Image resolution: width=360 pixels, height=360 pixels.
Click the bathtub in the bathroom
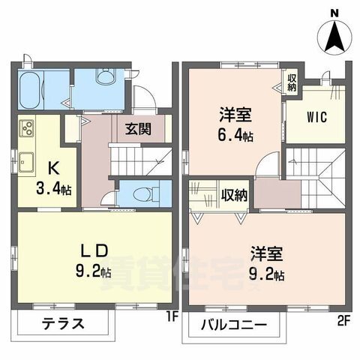pyautogui.click(x=33, y=91)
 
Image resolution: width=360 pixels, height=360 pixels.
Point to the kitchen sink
pyautogui.click(x=27, y=159)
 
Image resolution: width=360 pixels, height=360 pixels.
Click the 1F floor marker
pyautogui.click(x=171, y=318)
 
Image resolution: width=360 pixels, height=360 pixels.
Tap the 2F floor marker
pyautogui.click(x=343, y=321)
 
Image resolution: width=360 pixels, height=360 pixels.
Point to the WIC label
pyautogui.click(x=314, y=118)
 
